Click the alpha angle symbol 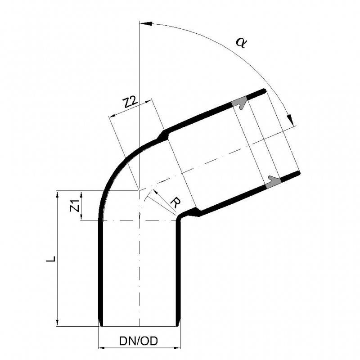[241, 43]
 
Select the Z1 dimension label [75, 206]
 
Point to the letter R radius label [176, 203]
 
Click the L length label [51, 258]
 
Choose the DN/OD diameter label [139, 341]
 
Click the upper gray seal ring [239, 102]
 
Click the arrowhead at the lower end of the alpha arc [291, 120]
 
